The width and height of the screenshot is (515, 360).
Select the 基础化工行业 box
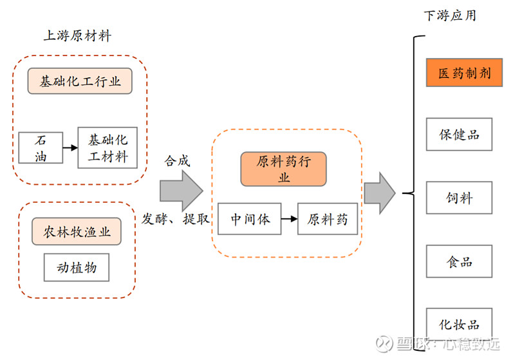click(x=80, y=82)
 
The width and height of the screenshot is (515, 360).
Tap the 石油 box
click(x=40, y=147)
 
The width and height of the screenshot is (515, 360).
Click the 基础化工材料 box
click(x=108, y=147)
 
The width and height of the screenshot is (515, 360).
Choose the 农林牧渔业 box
click(x=77, y=231)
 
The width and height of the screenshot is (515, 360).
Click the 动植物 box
click(x=77, y=266)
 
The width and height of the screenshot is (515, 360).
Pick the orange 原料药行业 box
click(x=284, y=169)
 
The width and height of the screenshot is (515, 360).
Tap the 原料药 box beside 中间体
click(x=327, y=219)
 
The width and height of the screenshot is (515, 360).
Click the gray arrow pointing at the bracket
click(x=380, y=193)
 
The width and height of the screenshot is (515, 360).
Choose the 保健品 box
click(x=459, y=134)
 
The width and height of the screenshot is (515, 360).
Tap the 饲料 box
click(x=459, y=198)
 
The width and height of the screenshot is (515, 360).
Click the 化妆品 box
click(x=459, y=325)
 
